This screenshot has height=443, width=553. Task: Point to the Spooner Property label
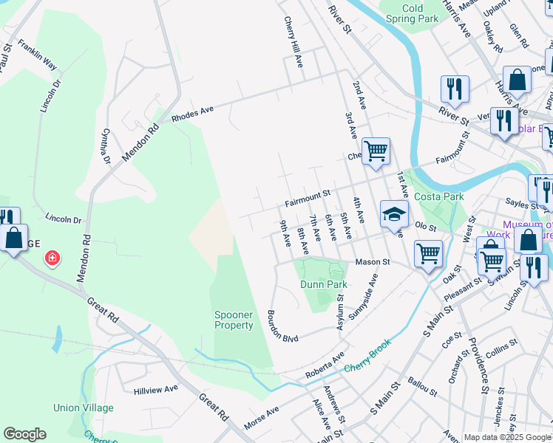(234, 320)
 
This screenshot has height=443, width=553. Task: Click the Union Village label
(84, 408)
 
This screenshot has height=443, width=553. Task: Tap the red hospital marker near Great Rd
(52, 258)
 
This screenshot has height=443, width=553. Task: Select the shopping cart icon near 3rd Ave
(376, 151)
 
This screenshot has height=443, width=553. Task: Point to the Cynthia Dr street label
(106, 146)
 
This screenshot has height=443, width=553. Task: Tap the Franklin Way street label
(38, 55)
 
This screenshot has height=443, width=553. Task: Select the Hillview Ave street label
(155, 389)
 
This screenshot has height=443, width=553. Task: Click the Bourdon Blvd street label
(282, 326)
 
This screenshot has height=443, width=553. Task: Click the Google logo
(24, 434)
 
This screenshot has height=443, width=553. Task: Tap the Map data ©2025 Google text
(507, 437)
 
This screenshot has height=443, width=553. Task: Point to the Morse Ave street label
(261, 418)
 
